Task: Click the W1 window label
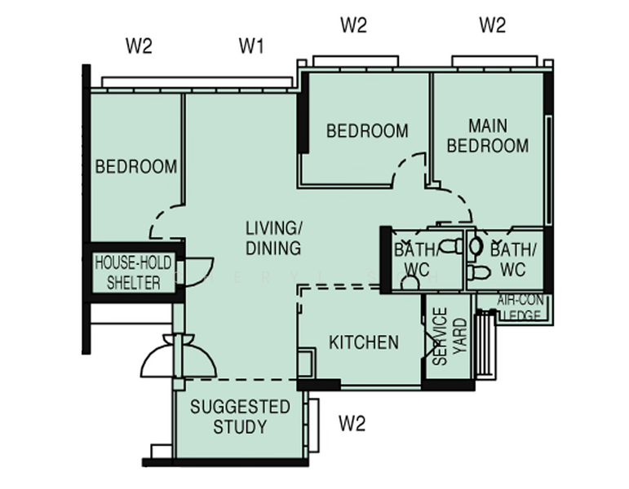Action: [251, 46]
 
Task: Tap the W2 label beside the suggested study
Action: [352, 423]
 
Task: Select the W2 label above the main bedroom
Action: [492, 25]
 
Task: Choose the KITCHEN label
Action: [364, 342]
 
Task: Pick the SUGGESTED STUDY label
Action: [228, 416]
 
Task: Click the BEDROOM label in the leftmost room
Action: [136, 167]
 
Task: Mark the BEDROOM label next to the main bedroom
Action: [367, 130]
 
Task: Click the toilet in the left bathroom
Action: [447, 245]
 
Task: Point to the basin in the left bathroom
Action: [410, 282]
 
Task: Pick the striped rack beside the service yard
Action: [486, 347]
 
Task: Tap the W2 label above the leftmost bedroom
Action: [139, 46]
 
